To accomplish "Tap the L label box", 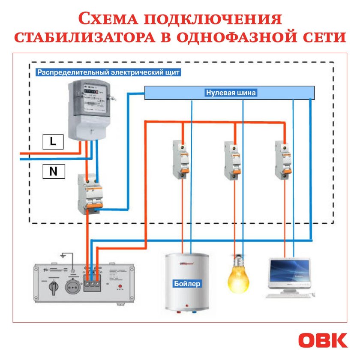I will click(53, 141).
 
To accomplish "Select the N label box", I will click(53, 171).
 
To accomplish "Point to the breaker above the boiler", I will click(180, 159).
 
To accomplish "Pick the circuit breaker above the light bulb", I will click(232, 159).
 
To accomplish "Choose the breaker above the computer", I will click(284, 159).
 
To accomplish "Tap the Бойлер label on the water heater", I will click(187, 284).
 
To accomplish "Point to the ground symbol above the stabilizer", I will click(63, 256).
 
